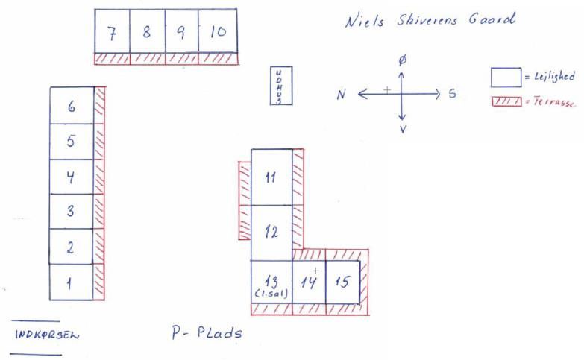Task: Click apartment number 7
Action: click(x=112, y=31)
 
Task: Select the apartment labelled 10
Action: click(x=218, y=31)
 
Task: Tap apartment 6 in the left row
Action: click(x=72, y=106)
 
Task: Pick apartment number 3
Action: click(x=72, y=212)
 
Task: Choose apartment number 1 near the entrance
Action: click(x=71, y=282)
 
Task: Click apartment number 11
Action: click(x=272, y=177)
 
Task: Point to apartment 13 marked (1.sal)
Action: click(x=272, y=282)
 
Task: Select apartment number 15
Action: click(x=343, y=282)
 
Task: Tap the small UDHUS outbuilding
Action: click(x=281, y=86)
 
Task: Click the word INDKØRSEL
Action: click(x=47, y=335)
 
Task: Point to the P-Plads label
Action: click(x=207, y=332)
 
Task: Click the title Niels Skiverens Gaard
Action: click(x=430, y=19)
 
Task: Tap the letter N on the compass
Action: click(x=341, y=95)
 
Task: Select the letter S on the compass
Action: click(x=452, y=93)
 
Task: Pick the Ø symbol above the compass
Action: click(x=402, y=60)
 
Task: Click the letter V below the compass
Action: click(x=403, y=129)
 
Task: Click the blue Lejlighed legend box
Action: click(x=506, y=78)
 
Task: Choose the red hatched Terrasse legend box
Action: click(x=506, y=101)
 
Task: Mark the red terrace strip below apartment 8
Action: click(x=148, y=59)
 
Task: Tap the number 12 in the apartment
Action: click(x=271, y=233)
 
